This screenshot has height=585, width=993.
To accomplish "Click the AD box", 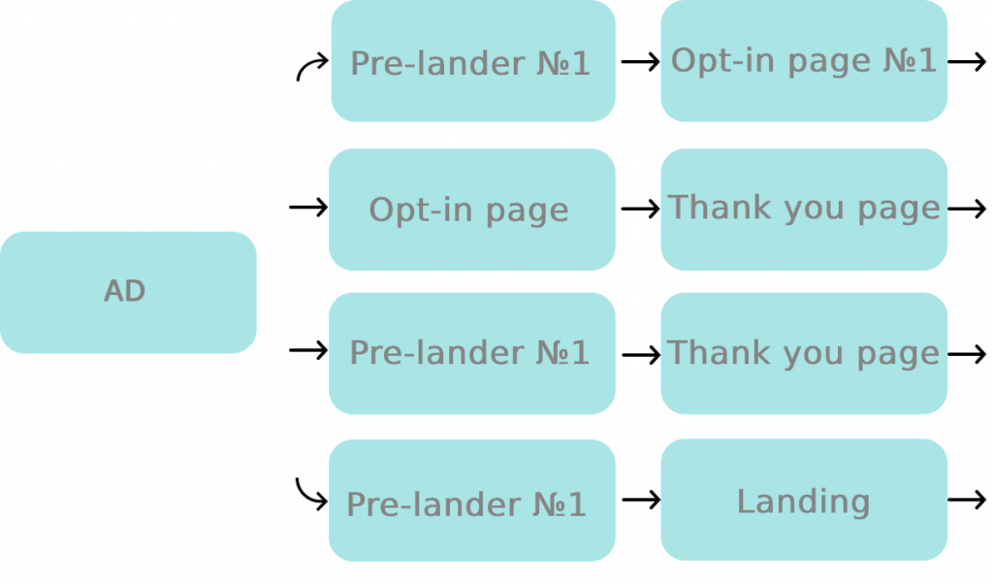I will [127, 292].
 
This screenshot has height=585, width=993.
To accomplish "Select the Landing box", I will [803, 500].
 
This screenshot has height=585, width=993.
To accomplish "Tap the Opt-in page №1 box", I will [803, 61].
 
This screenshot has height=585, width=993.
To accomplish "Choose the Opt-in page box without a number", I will [471, 210].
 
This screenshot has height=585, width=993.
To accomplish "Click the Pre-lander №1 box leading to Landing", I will [471, 501].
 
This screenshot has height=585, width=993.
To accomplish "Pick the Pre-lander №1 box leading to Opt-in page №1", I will [472, 61].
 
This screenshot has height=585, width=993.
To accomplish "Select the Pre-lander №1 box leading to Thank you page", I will [471, 353].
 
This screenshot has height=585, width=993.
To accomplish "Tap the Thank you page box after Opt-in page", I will [803, 210].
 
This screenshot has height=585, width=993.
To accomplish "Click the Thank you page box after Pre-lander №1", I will [803, 353].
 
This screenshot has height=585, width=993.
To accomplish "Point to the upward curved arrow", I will [311, 67].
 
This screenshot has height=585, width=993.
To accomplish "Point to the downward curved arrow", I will [311, 494].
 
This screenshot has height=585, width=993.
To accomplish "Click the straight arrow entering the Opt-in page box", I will [308, 208].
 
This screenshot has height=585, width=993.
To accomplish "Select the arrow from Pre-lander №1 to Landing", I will [640, 500].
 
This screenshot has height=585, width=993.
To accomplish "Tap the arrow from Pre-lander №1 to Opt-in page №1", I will [640, 62].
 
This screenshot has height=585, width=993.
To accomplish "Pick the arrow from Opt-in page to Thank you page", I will [640, 209].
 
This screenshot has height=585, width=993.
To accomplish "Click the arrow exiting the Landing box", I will [967, 500].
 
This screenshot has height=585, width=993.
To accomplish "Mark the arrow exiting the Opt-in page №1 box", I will [967, 62].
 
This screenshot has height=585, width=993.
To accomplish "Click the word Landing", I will [803, 502].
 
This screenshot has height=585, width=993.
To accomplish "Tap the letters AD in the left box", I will [124, 291].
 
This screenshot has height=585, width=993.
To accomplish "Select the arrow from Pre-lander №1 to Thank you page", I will [640, 355].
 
